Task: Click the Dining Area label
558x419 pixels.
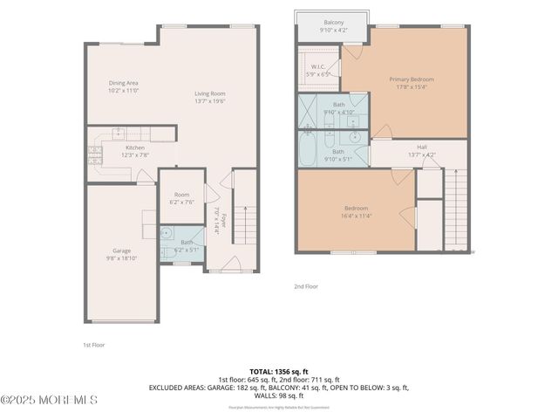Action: (123, 83)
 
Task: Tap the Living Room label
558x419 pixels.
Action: (209, 93)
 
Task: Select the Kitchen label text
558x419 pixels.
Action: (134, 148)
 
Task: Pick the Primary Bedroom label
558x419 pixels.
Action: (411, 79)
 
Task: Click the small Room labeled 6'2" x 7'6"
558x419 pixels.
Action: (180, 195)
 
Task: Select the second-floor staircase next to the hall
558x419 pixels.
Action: (457, 209)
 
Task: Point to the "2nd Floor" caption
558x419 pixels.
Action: (306, 285)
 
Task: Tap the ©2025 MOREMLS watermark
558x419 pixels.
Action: (49, 400)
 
